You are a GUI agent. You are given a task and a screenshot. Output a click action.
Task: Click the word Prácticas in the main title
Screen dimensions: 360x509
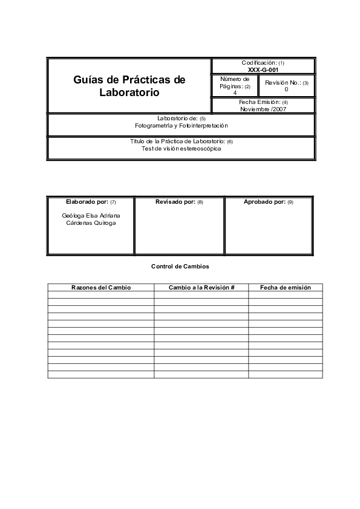(142, 80)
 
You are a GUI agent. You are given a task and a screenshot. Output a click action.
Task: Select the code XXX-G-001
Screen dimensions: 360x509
(263, 70)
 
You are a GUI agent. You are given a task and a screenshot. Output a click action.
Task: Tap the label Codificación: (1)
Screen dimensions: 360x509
(263, 63)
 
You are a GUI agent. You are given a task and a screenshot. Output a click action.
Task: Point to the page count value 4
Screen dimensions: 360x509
(235, 93)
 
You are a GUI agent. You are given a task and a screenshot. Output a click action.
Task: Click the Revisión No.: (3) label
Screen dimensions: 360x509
(287, 82)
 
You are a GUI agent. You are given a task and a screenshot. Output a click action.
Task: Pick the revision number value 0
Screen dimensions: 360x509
(286, 89)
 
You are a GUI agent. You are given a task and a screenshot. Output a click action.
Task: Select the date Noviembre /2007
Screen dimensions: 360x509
(263, 109)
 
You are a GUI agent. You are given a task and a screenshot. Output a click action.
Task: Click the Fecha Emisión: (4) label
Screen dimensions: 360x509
(263, 102)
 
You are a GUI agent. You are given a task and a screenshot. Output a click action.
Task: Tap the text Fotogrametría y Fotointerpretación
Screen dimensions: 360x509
(182, 125)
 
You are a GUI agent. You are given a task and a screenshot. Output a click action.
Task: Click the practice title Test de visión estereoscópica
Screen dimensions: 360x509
(182, 148)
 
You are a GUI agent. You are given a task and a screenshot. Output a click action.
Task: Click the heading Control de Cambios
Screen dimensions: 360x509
(180, 266)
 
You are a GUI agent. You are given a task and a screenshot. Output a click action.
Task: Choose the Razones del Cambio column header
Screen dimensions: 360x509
(100, 288)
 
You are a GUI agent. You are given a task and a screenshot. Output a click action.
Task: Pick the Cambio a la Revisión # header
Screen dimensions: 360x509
(201, 288)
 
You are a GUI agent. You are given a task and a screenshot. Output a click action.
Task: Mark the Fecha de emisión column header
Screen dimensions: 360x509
(286, 288)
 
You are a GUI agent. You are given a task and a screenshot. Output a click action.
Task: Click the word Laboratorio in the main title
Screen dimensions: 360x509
(129, 93)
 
